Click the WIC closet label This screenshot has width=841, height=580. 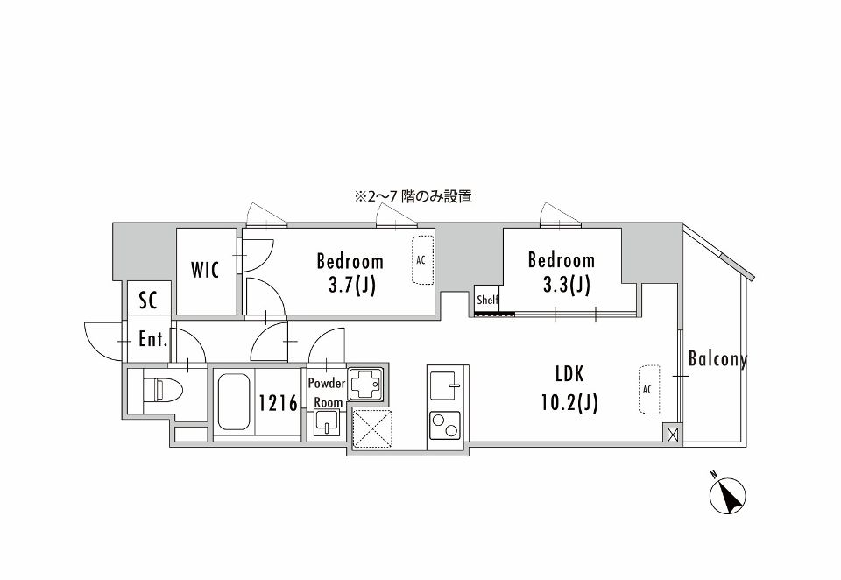(x=207, y=270)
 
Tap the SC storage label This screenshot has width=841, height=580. (x=148, y=301)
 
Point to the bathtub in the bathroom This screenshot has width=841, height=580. (x=233, y=402)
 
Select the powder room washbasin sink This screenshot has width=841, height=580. (x=327, y=426)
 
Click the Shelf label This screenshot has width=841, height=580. (x=487, y=300)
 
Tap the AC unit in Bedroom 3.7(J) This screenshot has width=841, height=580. (x=422, y=260)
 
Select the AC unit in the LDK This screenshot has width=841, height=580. (x=648, y=388)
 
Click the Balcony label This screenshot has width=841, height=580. (x=717, y=359)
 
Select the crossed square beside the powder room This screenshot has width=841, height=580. (x=372, y=429)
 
